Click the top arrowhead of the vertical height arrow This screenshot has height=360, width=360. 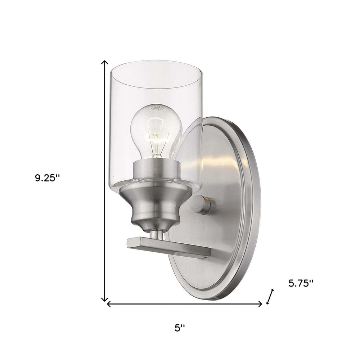click(104, 62)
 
